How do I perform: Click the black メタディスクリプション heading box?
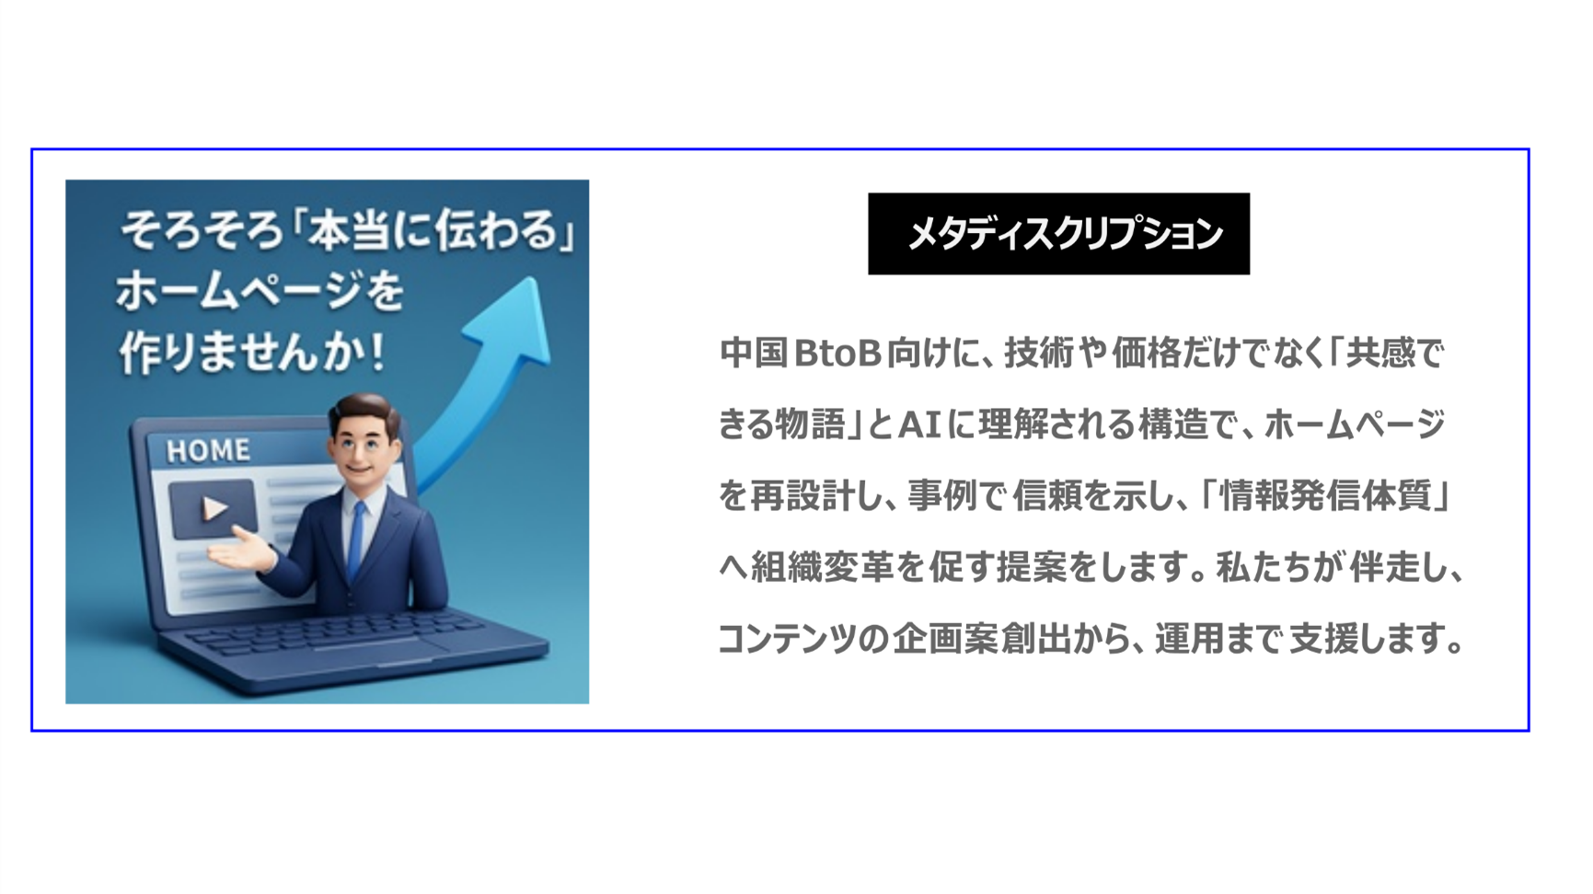1058,234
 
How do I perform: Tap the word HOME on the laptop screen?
208,450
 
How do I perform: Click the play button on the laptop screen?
214,508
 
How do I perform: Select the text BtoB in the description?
837,354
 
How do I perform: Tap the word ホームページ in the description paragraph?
1354,425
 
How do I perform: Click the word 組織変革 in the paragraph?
822,567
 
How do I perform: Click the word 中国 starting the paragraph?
753,354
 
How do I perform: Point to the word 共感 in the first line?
1380,354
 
